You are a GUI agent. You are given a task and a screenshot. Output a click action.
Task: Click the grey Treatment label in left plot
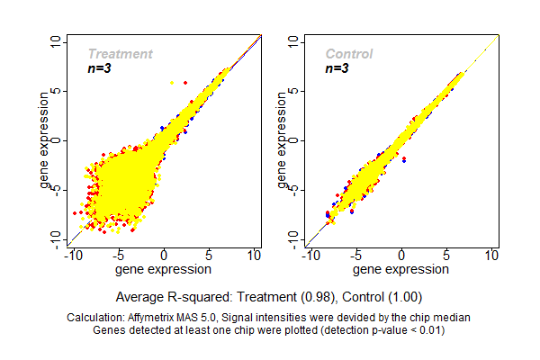click(x=120, y=54)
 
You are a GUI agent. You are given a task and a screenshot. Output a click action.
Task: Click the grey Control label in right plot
click(x=349, y=54)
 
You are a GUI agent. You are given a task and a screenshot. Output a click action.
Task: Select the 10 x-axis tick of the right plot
click(x=492, y=256)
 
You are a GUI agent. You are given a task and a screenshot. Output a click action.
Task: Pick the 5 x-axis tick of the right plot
click(x=447, y=256)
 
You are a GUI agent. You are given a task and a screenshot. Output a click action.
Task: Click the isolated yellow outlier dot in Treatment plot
click(x=173, y=82)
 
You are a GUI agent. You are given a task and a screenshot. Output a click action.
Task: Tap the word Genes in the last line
click(x=110, y=329)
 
